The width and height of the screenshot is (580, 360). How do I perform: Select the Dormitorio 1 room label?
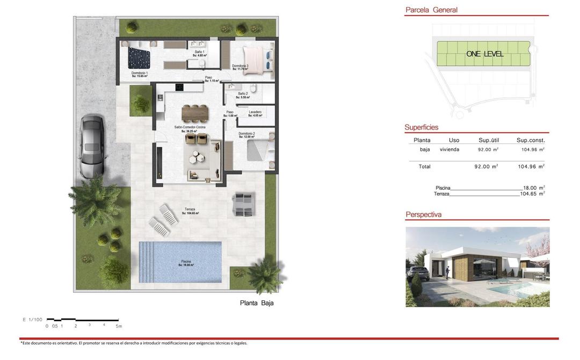coord(140,74)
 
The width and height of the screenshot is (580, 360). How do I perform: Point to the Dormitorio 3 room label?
coord(240,67)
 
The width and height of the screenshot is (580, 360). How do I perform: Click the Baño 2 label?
coord(243,95)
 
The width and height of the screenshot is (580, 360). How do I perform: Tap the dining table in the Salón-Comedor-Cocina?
coord(194,112)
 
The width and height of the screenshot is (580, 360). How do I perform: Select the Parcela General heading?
coord(431,10)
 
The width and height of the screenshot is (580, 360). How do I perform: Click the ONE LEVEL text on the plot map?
coord(485,54)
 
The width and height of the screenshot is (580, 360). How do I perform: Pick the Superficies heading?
coord(422,127)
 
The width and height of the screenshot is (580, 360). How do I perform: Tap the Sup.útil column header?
coord(489,140)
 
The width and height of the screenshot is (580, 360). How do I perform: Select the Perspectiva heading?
coord(424,214)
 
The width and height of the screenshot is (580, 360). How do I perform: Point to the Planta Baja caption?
coord(257,303)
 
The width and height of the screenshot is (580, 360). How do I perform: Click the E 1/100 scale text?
coord(32,320)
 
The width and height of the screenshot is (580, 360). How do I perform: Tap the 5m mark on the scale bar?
coord(119,326)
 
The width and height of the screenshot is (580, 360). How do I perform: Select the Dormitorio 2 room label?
coord(247,134)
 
